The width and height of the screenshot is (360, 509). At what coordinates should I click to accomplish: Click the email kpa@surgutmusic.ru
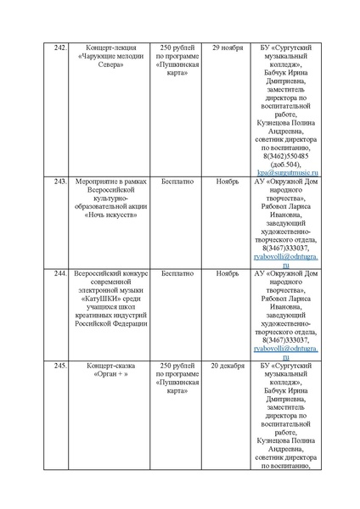tap(285, 173)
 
